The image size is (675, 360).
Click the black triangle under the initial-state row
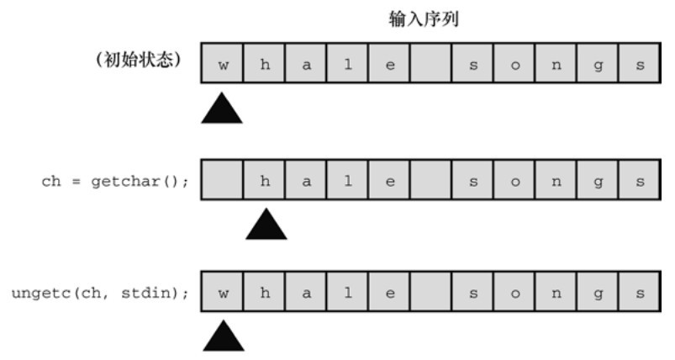coord(222,109)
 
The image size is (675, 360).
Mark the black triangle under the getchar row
coord(265,225)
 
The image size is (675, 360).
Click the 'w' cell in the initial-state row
coord(222,65)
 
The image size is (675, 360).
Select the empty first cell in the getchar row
coord(222,181)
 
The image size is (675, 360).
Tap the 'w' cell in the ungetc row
coord(222,294)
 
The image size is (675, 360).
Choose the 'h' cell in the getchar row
coord(265,181)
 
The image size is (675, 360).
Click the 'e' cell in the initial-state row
coord(390,65)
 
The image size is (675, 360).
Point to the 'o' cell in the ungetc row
coord(515,294)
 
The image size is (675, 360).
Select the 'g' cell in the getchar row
coord(599,181)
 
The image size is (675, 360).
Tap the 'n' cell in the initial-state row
coord(556,65)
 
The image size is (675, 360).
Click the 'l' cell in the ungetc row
coord(348,294)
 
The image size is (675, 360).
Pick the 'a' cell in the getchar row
coord(307,181)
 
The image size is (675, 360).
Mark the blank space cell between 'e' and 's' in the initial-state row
coord(432,65)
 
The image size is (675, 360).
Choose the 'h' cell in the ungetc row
coord(265,294)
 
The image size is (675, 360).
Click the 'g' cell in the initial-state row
coord(599,65)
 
